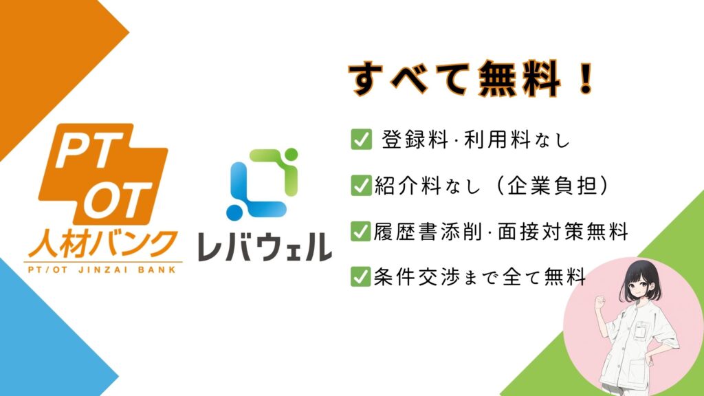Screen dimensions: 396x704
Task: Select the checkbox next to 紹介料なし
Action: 361,186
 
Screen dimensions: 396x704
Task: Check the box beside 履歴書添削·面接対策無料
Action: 361,231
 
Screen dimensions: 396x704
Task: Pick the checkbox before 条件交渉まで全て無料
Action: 361,276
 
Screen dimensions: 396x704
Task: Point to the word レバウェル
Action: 265,247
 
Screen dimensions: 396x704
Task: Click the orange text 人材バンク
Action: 103,242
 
